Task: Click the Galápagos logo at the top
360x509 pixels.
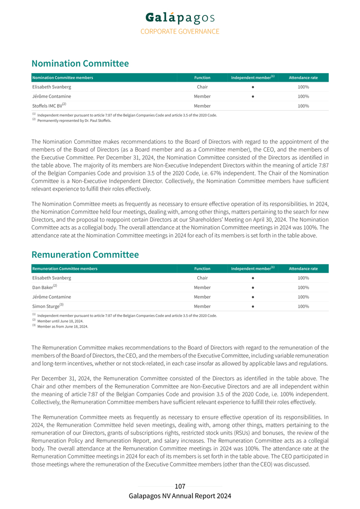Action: point(180,19)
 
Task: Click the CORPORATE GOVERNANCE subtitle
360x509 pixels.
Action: point(180,32)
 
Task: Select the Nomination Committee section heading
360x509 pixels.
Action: point(80,64)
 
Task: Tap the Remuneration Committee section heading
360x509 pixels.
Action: point(85,254)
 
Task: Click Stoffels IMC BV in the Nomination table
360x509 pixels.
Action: point(48,106)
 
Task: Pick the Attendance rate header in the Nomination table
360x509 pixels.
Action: point(303,78)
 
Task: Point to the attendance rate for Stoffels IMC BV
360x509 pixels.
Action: point(303,106)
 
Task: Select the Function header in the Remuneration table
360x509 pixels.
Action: point(202,269)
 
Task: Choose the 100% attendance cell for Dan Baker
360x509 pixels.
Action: point(303,287)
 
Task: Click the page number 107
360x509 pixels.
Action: point(180,486)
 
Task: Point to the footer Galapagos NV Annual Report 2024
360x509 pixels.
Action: point(180,496)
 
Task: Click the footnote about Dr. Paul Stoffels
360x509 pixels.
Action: point(74,120)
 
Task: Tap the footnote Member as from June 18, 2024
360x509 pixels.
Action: point(63,326)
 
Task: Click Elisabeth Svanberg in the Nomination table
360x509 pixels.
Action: point(51,87)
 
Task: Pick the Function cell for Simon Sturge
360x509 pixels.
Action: point(202,306)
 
